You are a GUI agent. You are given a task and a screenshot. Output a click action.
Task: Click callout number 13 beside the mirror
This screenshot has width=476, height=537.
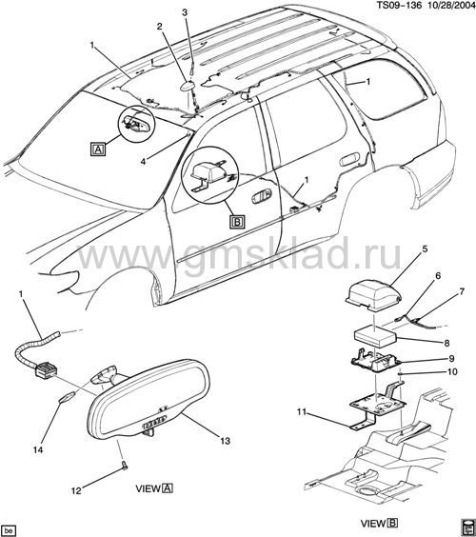pos(225,441)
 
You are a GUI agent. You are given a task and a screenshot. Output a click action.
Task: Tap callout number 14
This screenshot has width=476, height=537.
pos(38,449)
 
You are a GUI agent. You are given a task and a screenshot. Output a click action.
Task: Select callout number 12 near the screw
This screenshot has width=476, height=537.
pos(76,490)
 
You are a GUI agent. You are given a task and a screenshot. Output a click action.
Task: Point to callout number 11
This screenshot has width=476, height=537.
pos(302,411)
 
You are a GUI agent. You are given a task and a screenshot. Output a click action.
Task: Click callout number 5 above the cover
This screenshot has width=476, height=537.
pos(425,249)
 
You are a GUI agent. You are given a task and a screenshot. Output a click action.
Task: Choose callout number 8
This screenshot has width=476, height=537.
pos(446,343)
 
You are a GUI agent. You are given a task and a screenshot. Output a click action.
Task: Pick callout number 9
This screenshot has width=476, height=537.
pos(451,358)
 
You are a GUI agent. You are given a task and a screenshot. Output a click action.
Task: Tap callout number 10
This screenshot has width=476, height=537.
pos(452,371)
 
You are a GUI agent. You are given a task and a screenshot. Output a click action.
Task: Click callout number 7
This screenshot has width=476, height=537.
pos(462,291)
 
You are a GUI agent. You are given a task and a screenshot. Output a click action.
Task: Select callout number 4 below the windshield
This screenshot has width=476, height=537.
pos(143,161)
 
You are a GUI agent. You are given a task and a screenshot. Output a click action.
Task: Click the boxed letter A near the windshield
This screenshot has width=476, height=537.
pos(98,149)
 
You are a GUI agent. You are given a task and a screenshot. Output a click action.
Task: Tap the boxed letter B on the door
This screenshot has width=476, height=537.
pos(237,222)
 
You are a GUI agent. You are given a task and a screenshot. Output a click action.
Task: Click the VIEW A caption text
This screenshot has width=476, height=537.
pos(154,488)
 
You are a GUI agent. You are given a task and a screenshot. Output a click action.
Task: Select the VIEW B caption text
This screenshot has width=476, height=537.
pos(379,524)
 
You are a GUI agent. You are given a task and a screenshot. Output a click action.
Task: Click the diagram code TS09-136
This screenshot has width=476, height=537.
pos(399,5)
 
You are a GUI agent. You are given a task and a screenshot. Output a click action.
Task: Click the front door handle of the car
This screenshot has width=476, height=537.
pos(262,196)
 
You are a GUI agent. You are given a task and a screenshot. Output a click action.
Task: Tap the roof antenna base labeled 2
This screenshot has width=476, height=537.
pos(188,87)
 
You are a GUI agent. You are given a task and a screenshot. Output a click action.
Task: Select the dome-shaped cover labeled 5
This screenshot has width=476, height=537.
pos(373,296)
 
